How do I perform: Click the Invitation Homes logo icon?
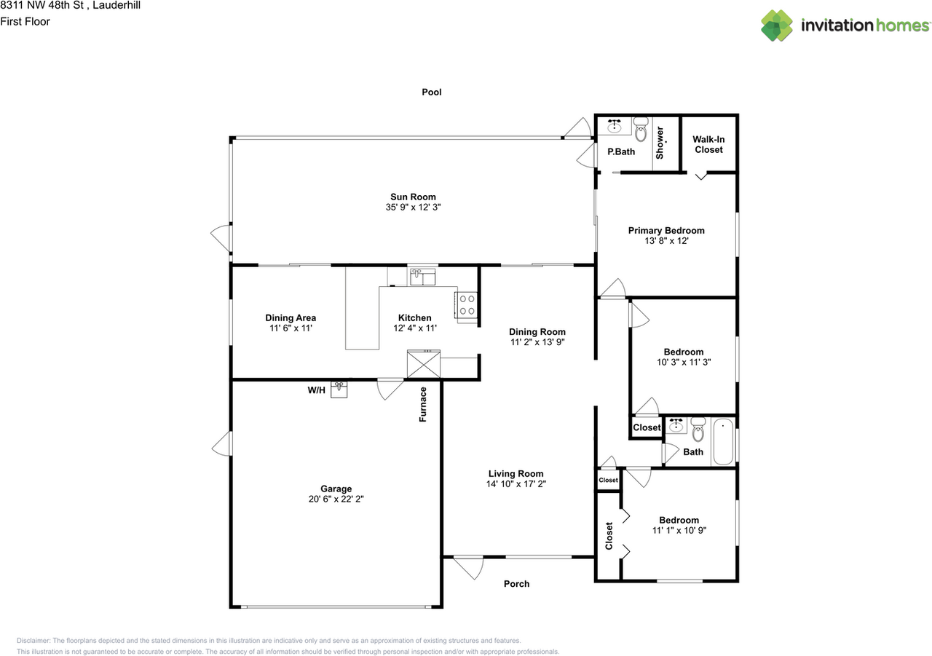tap(777, 25)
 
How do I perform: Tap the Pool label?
tap(432, 92)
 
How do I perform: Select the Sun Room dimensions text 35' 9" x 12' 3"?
tap(413, 208)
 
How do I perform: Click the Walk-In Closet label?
tap(708, 144)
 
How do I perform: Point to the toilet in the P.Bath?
tap(641, 130)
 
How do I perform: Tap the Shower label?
tap(660, 143)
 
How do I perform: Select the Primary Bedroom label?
tap(666, 231)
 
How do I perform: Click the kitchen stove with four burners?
tap(467, 305)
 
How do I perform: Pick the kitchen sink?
tap(422, 277)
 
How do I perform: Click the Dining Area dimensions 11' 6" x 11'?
tap(290, 328)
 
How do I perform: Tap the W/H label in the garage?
tap(316, 390)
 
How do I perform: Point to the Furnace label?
tap(423, 405)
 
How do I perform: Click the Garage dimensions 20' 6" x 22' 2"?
tap(336, 499)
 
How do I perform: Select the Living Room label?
tap(516, 474)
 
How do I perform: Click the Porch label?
tap(517, 584)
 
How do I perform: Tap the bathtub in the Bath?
tap(723, 442)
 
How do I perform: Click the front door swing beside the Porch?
tap(469, 566)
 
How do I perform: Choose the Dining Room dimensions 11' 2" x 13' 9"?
tap(537, 342)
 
